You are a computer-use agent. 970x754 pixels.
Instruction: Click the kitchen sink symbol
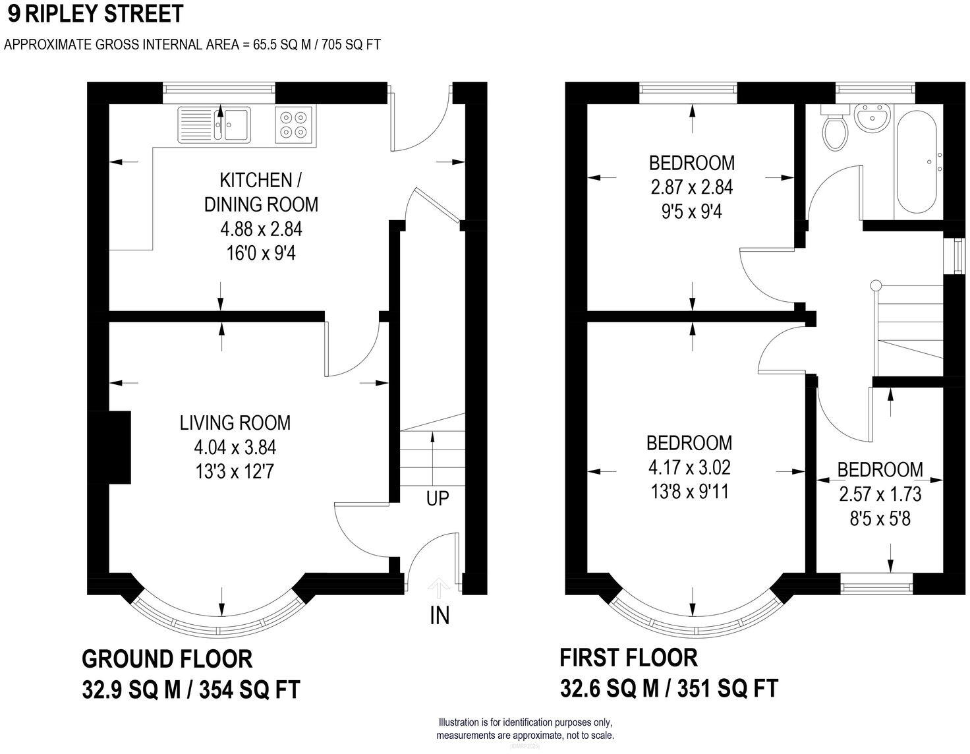coord(214,124)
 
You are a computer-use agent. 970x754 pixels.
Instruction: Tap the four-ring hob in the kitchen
coord(294,125)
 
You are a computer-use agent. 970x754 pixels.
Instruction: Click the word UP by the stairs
coord(437,498)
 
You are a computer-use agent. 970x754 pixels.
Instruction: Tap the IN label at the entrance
coord(439,615)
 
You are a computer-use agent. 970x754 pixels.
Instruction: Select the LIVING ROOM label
coord(235,422)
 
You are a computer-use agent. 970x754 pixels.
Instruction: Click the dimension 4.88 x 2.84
coord(261,229)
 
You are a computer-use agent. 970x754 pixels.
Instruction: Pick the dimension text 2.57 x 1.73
coord(880,494)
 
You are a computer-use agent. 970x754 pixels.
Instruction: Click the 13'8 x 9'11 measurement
coord(689,492)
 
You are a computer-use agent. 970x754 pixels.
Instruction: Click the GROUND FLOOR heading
coord(167,658)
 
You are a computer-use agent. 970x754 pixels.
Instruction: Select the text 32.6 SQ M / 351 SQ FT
coord(668,688)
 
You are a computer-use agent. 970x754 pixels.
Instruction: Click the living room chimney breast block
coord(117,448)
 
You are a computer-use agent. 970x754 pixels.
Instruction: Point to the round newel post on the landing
coord(876,285)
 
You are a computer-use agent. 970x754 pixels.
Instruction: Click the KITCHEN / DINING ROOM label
coord(261,192)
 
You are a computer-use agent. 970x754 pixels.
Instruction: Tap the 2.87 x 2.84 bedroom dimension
coord(691,187)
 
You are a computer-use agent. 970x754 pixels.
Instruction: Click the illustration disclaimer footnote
coord(525,728)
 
